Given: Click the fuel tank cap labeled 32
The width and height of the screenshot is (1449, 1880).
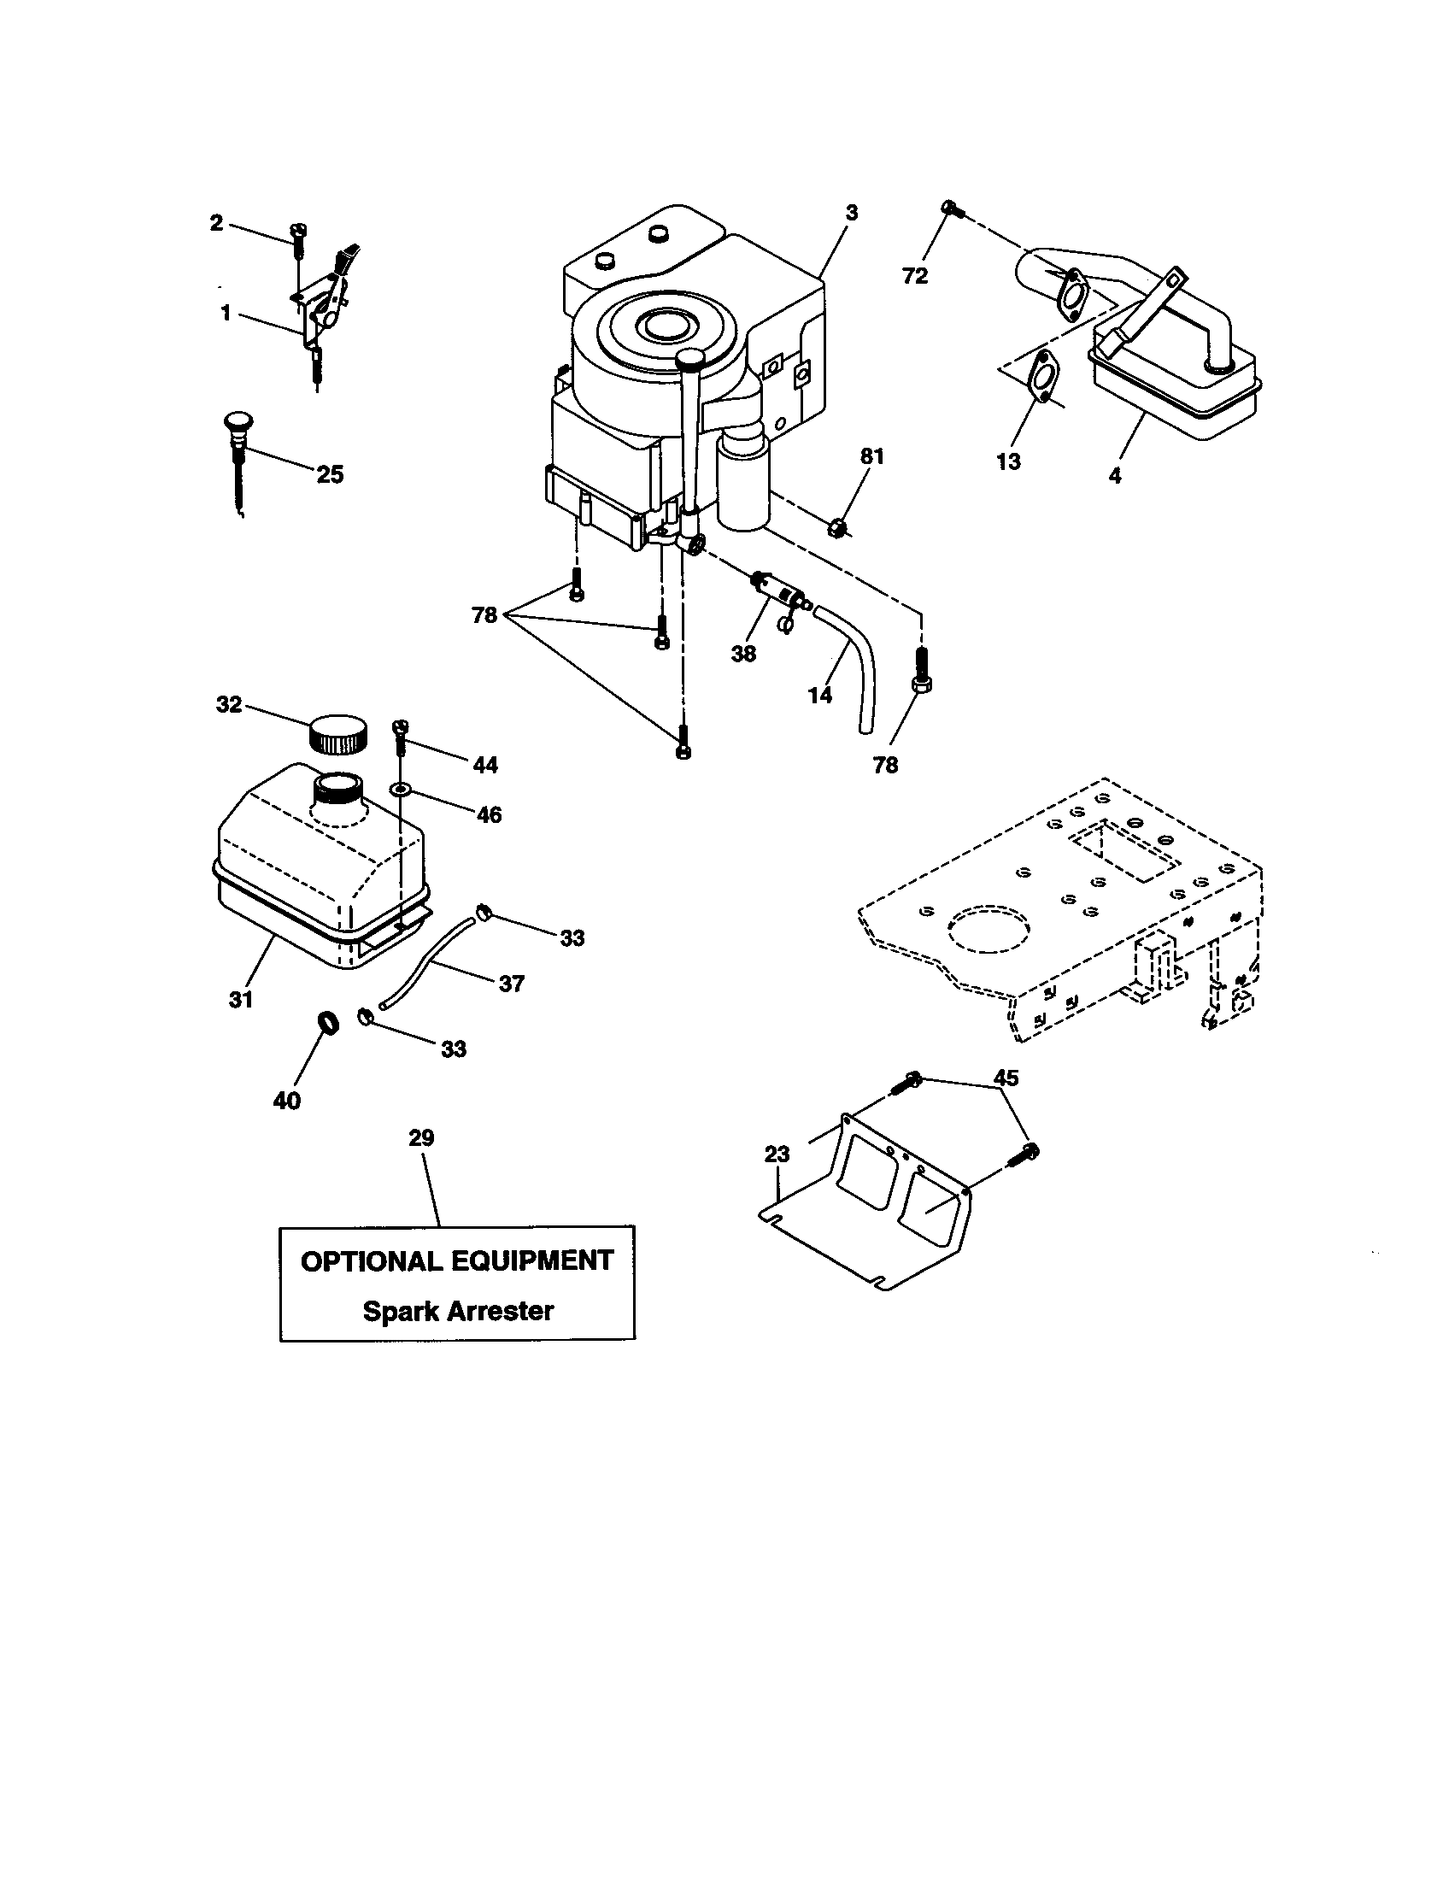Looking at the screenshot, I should pyautogui.click(x=337, y=733).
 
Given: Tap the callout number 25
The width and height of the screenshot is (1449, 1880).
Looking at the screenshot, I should pyautogui.click(x=330, y=474).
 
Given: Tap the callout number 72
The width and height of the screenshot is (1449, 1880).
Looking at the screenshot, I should pyautogui.click(x=915, y=276).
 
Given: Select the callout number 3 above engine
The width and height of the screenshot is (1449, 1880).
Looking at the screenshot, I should pyautogui.click(x=851, y=213).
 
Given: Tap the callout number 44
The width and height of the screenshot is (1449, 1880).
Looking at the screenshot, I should pyautogui.click(x=485, y=765).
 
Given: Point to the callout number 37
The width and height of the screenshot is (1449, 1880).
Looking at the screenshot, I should pyautogui.click(x=511, y=983).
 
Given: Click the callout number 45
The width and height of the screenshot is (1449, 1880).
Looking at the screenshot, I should pyautogui.click(x=1005, y=1078).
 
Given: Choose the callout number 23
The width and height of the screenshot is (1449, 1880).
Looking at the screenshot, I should pyautogui.click(x=776, y=1154).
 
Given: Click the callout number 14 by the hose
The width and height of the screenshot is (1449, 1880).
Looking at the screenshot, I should pyautogui.click(x=820, y=695).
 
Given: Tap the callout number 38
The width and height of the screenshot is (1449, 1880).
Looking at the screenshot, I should pyautogui.click(x=743, y=654).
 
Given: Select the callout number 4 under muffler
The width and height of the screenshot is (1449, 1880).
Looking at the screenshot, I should pyautogui.click(x=1114, y=474).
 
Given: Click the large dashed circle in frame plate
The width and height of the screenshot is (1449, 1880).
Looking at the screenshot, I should pyautogui.click(x=988, y=932).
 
